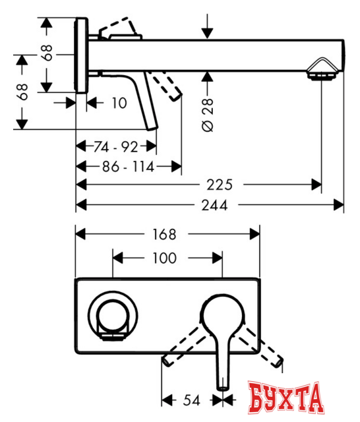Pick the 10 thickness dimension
[x=118, y=103]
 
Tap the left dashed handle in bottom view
[x=186, y=346]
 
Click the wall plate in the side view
[x=82, y=55]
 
